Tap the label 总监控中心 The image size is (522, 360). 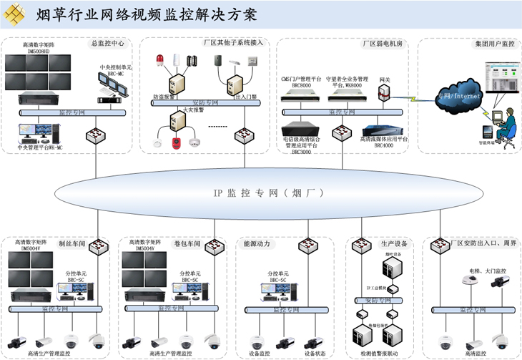[108, 43]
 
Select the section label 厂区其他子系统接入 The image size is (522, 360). [234, 43]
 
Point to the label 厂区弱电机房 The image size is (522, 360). [383, 44]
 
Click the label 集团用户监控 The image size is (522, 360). [494, 44]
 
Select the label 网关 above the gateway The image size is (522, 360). [384, 79]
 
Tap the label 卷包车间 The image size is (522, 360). [187, 244]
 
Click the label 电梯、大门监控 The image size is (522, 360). [477, 271]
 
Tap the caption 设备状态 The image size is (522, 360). [314, 353]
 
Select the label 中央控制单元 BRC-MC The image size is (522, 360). [112, 70]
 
